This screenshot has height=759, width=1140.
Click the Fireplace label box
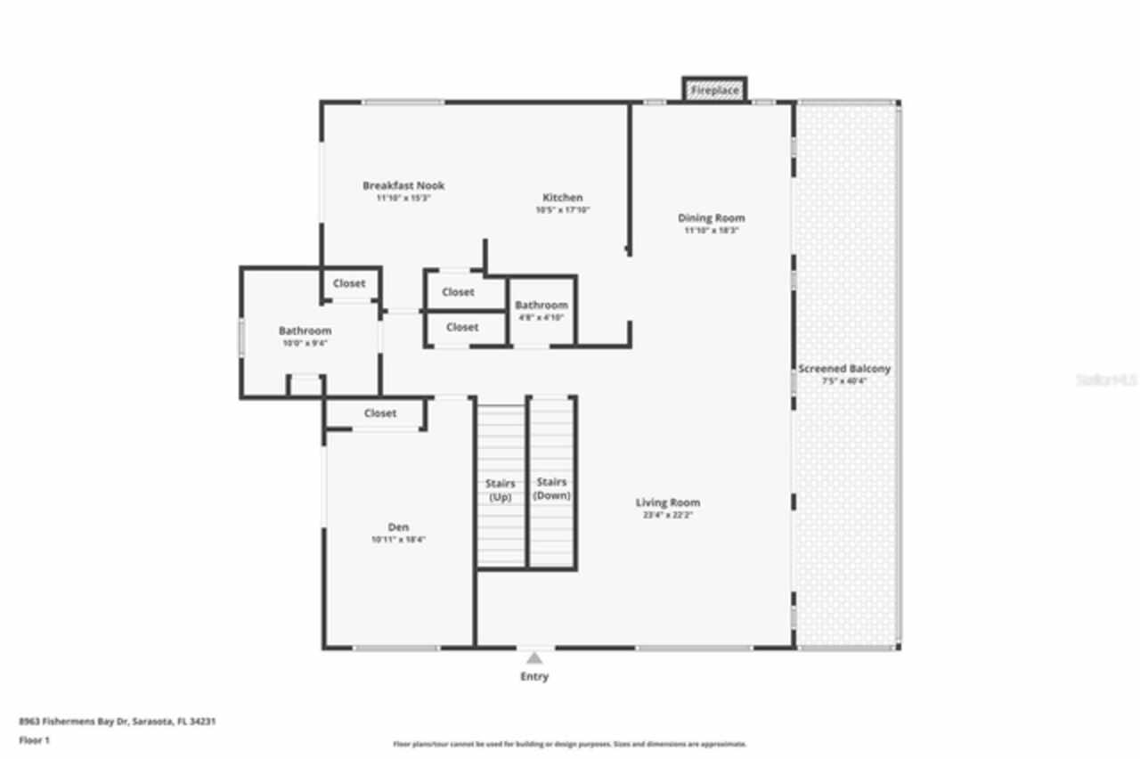(714, 90)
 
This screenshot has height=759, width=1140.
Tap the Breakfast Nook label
(403, 185)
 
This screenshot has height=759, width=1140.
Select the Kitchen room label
(563, 198)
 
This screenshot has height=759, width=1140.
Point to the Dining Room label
(711, 218)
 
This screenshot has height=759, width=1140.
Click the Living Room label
(667, 502)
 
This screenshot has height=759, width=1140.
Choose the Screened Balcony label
(843, 369)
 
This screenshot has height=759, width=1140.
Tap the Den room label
(398, 527)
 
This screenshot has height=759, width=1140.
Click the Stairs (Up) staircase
(501, 490)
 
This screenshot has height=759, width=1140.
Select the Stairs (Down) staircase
(551, 488)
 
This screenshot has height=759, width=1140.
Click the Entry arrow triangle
(534, 658)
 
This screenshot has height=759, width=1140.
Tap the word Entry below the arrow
(534, 677)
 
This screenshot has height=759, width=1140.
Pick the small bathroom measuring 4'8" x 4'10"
(541, 311)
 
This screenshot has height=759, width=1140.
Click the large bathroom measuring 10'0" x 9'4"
(305, 336)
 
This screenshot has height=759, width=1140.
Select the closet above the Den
(379, 413)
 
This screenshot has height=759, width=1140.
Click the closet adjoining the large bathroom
(349, 283)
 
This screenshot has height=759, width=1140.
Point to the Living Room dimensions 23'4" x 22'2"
(667, 516)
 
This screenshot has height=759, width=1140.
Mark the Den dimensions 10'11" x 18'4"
(398, 540)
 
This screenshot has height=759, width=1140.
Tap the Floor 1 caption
(35, 740)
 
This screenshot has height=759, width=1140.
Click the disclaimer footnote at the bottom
(570, 744)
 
